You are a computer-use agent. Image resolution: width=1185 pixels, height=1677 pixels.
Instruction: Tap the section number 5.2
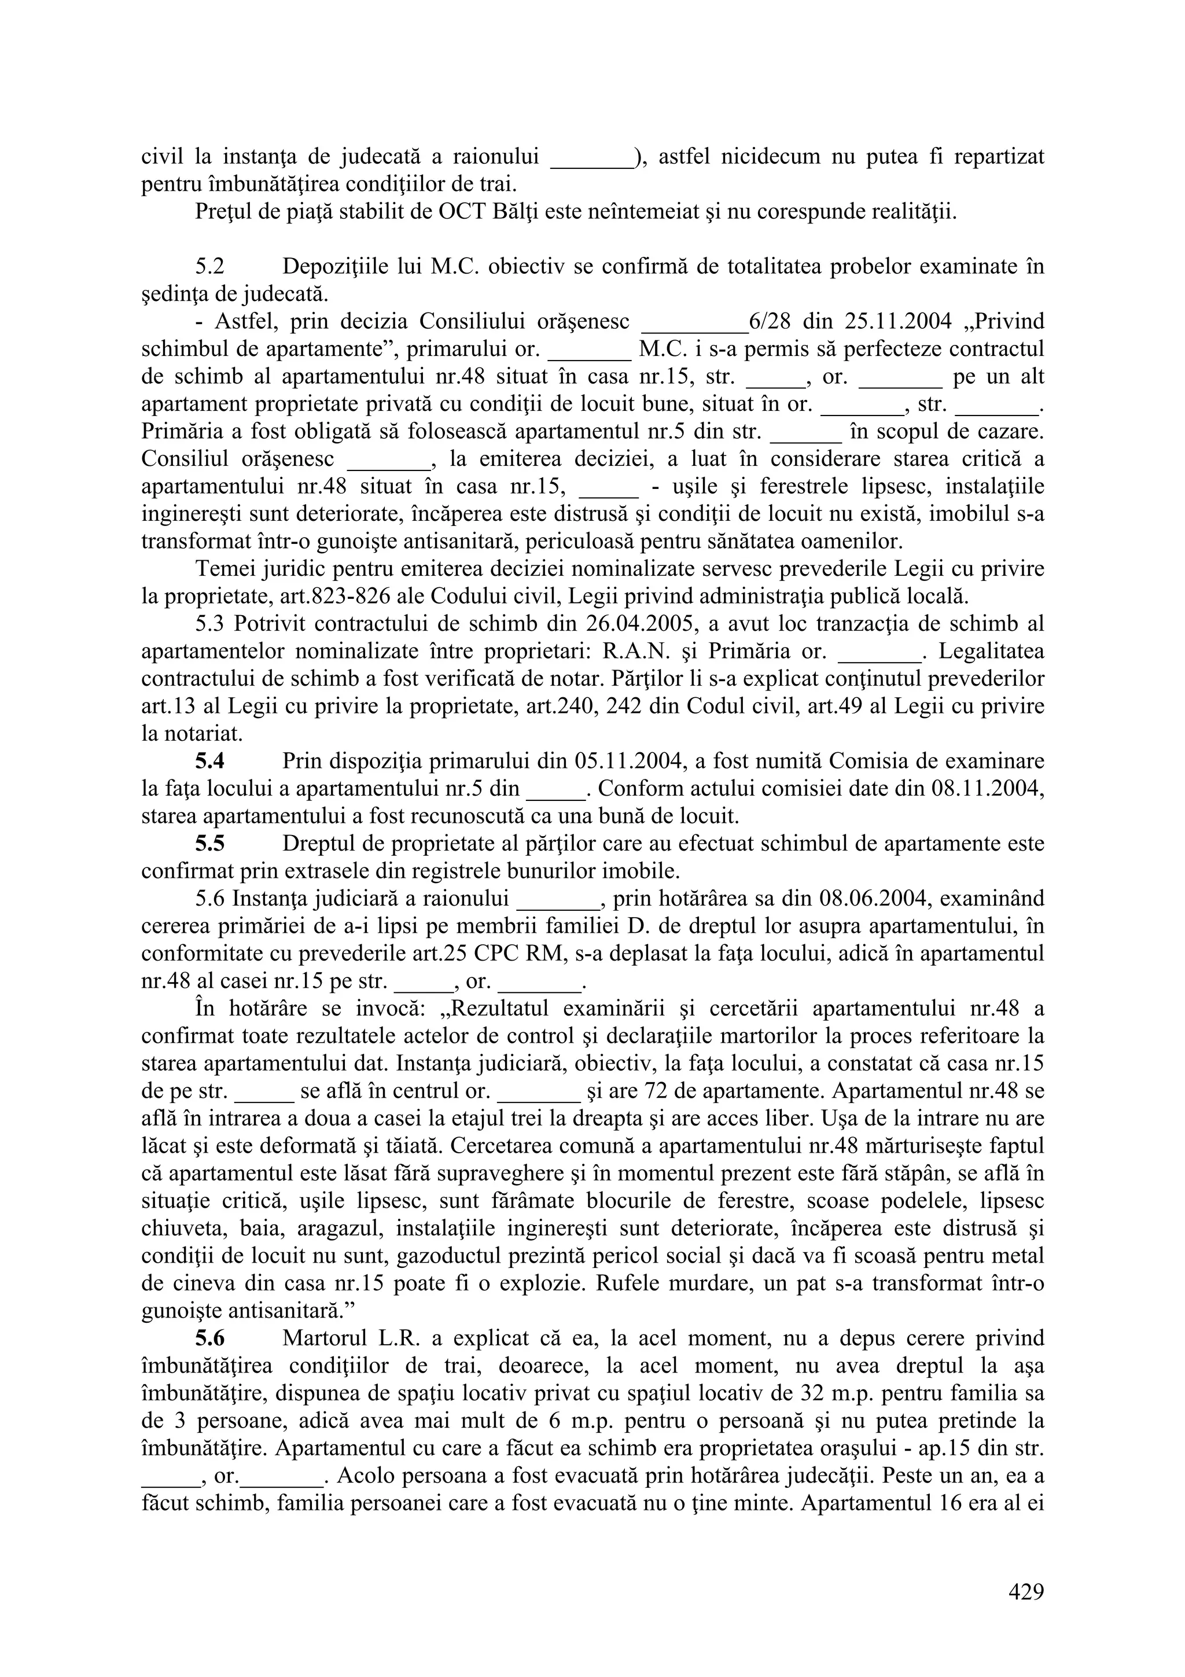[x=211, y=267]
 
